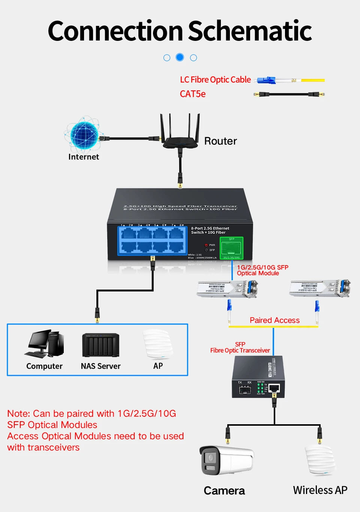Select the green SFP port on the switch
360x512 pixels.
pos(231,248)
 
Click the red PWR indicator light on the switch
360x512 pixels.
pos(206,245)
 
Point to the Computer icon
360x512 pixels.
pos(44,344)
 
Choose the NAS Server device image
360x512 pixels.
pos(100,345)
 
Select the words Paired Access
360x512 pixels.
pos(274,320)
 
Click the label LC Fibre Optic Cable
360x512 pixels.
pos(215,80)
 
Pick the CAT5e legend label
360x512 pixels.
pos(193,94)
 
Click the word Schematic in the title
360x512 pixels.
pos(250,31)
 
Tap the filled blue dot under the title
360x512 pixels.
pos(180,57)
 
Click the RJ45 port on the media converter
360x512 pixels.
pos(274,389)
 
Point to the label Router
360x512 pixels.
pos(220,141)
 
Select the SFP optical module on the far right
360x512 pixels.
pos(319,288)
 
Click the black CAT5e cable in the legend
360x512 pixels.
pos(289,94)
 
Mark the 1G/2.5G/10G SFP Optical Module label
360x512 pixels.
pos(262,270)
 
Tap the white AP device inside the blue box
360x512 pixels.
pos(157,344)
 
